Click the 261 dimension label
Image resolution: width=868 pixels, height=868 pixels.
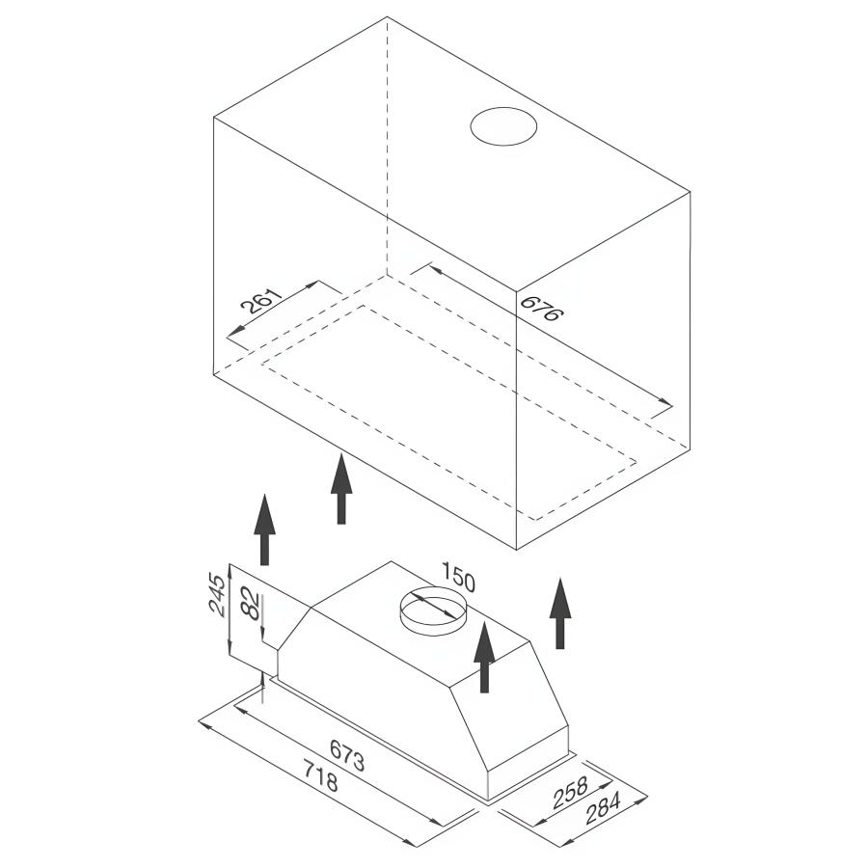pyautogui.click(x=261, y=301)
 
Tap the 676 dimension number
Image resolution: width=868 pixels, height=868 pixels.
pyautogui.click(x=542, y=309)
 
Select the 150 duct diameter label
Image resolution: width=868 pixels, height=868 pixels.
pyautogui.click(x=458, y=577)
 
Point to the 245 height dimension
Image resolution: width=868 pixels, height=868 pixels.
pyautogui.click(x=218, y=596)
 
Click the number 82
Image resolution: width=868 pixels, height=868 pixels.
pyautogui.click(x=251, y=604)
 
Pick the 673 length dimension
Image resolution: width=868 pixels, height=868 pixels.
pyautogui.click(x=347, y=755)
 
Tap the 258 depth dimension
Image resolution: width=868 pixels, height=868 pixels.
pyautogui.click(x=570, y=793)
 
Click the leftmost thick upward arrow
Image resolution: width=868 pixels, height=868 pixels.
pyautogui.click(x=264, y=529)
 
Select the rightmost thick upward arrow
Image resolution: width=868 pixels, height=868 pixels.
pyautogui.click(x=560, y=613)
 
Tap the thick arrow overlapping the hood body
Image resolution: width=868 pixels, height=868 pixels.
pyautogui.click(x=484, y=657)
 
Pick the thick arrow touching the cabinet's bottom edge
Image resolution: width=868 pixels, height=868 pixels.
pyautogui.click(x=341, y=488)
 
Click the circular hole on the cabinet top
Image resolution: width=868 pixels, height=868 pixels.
pyautogui.click(x=503, y=126)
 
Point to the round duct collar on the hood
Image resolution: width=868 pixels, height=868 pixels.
pyautogui.click(x=433, y=611)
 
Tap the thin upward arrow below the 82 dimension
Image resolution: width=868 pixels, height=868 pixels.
pyautogui.click(x=263, y=687)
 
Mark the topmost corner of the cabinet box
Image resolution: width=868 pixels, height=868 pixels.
pyautogui.click(x=387, y=16)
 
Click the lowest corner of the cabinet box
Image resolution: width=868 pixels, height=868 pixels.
pyautogui.click(x=517, y=550)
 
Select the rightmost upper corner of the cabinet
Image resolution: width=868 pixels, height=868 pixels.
pyautogui.click(x=691, y=192)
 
